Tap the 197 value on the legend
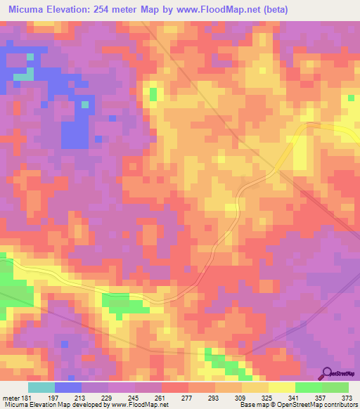51,398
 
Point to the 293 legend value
213,398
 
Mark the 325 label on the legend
267,398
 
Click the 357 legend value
321,398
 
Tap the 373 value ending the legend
347,398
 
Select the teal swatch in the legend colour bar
41,387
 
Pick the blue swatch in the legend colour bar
68,387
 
